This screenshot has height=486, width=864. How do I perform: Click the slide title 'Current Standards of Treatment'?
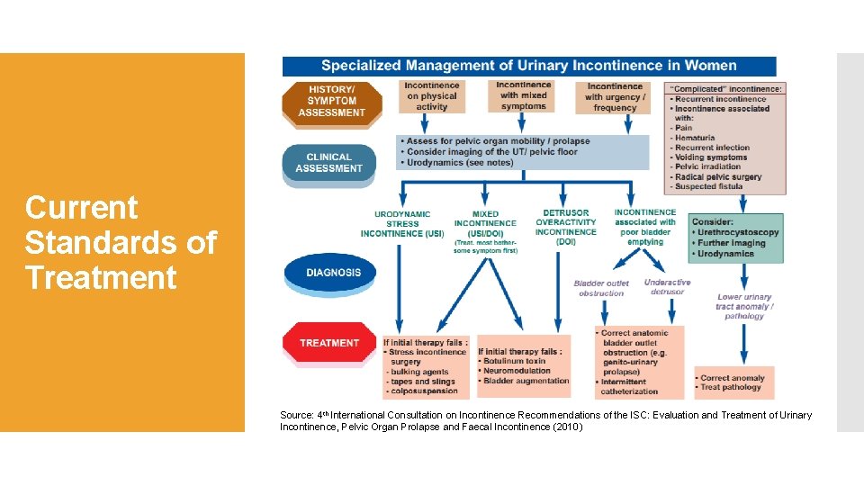(121, 242)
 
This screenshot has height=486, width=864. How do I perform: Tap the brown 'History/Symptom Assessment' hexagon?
(331, 101)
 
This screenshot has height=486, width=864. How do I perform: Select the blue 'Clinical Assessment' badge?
(328, 163)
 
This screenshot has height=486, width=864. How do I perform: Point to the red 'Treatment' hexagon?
(328, 342)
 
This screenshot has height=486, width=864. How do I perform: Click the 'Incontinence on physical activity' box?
(432, 96)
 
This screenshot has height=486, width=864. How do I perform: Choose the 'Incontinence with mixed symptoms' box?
(523, 95)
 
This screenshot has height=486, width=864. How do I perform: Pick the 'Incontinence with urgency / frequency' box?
(615, 97)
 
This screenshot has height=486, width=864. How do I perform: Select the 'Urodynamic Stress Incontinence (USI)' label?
(402, 224)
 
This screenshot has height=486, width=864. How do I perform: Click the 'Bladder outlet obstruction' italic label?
(600, 288)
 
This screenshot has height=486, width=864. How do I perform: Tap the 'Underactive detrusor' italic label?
(667, 287)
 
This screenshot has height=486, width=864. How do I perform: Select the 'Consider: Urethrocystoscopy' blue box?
(736, 238)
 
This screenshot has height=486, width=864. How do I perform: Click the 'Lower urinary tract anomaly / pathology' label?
(744, 306)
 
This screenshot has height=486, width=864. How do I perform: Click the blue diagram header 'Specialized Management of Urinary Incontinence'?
(528, 66)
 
